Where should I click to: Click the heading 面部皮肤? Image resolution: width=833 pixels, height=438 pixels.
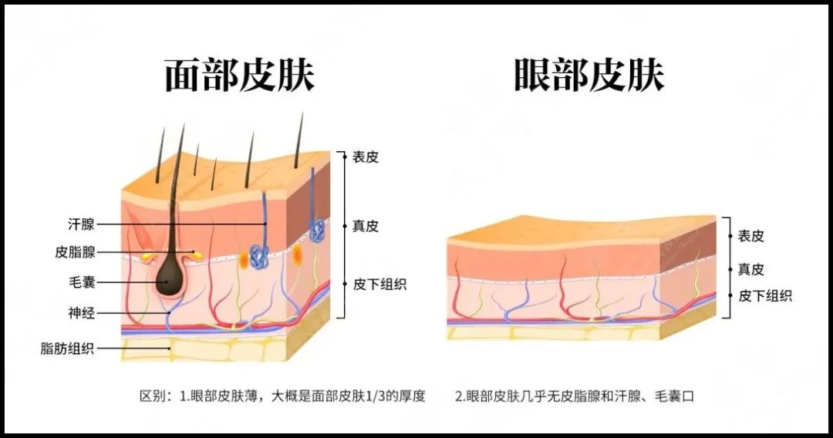[x=240, y=75]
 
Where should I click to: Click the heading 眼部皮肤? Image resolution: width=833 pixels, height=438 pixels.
[x=589, y=75]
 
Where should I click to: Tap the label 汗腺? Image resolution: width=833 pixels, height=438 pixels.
[x=81, y=224]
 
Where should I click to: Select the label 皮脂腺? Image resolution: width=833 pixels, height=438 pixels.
[x=75, y=251]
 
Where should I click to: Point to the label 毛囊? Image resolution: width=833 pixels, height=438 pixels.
[x=81, y=282]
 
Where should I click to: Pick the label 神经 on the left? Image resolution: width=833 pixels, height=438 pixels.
[x=81, y=313]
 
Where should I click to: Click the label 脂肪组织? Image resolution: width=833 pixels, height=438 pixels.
[x=67, y=349]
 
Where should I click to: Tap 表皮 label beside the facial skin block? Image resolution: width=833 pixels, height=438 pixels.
[x=366, y=157]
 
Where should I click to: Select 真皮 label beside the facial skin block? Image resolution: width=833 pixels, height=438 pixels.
[x=366, y=226]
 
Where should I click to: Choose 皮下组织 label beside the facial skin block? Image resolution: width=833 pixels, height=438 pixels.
[x=379, y=285]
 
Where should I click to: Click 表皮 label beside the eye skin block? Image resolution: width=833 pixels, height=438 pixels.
[x=750, y=236]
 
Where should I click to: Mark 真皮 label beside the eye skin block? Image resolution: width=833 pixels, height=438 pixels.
[x=750, y=270]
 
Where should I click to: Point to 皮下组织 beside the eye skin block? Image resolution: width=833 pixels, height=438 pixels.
[x=765, y=295]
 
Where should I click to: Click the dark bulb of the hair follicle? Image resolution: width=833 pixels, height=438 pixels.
[x=170, y=276]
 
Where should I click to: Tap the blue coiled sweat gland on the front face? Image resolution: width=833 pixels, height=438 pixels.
[x=259, y=255]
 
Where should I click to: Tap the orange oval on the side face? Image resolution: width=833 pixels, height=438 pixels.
[x=298, y=254]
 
